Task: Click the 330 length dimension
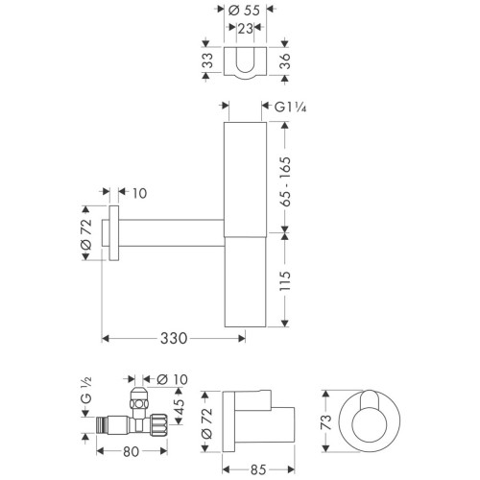pyautogui.click(x=173, y=338)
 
